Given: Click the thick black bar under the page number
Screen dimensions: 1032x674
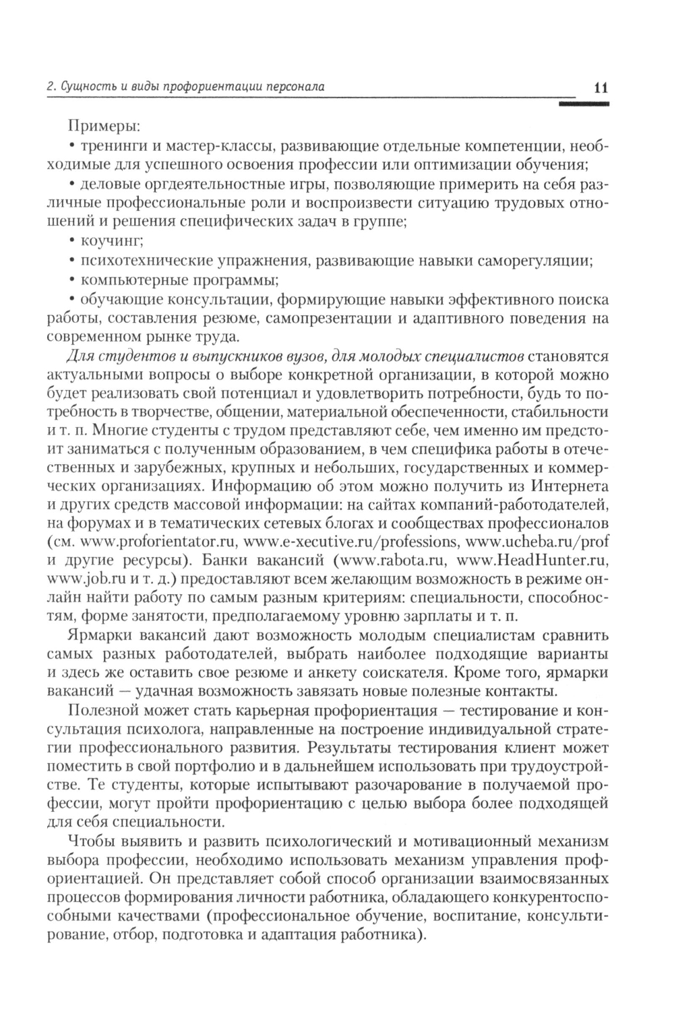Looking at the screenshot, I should tap(584, 104).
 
